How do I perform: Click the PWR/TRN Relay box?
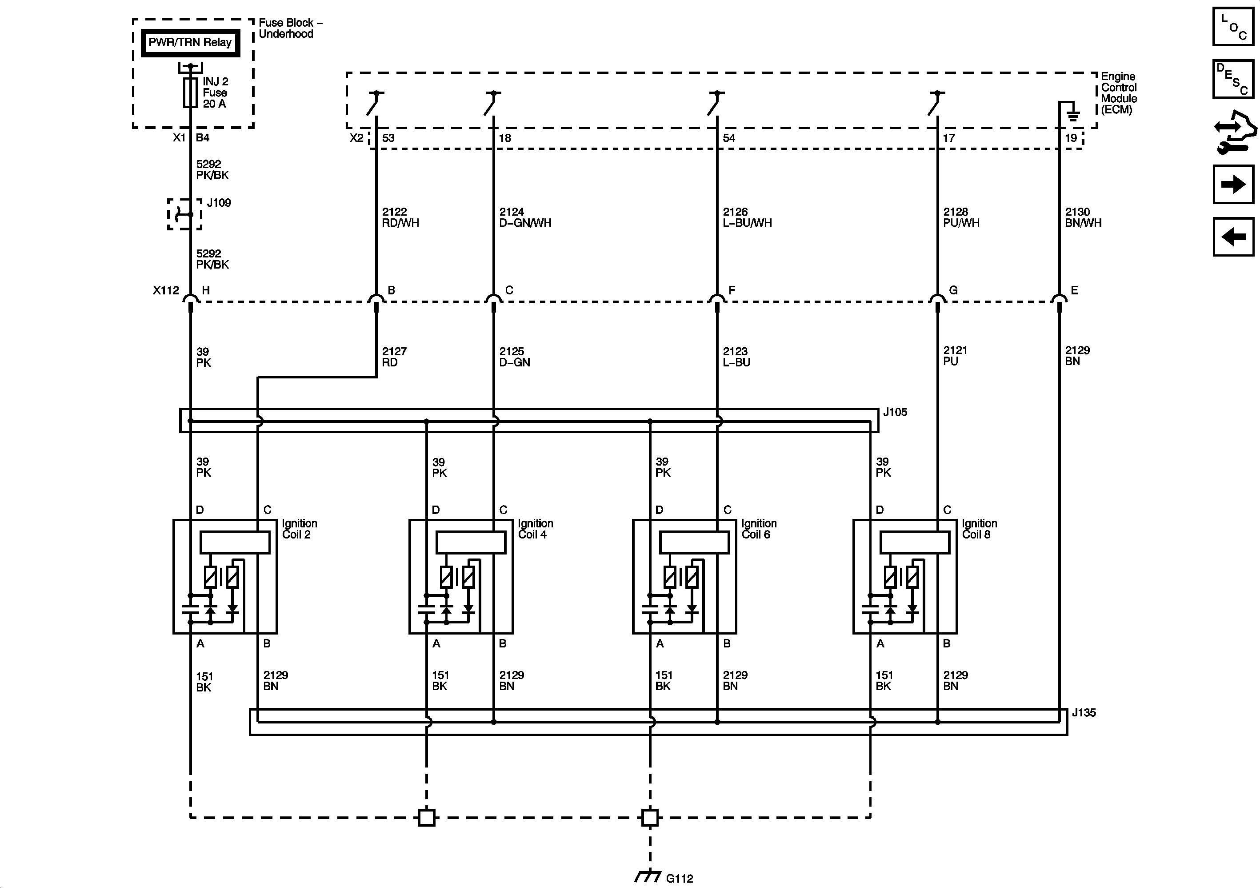[190, 43]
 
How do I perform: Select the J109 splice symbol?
[184, 214]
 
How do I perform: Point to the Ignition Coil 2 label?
[299, 529]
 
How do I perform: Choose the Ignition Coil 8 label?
[979, 529]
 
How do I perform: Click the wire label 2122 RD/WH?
[400, 217]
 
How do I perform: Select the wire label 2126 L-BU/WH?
[747, 217]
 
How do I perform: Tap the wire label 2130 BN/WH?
[1083, 217]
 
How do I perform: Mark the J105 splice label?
[895, 412]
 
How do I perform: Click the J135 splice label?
[1084, 713]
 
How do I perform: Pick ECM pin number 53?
[388, 138]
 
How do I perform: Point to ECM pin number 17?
[949, 138]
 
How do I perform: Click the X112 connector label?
[166, 290]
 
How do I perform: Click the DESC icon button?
[1233, 79]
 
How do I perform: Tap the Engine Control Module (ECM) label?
[1118, 93]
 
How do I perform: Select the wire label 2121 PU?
[955, 356]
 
